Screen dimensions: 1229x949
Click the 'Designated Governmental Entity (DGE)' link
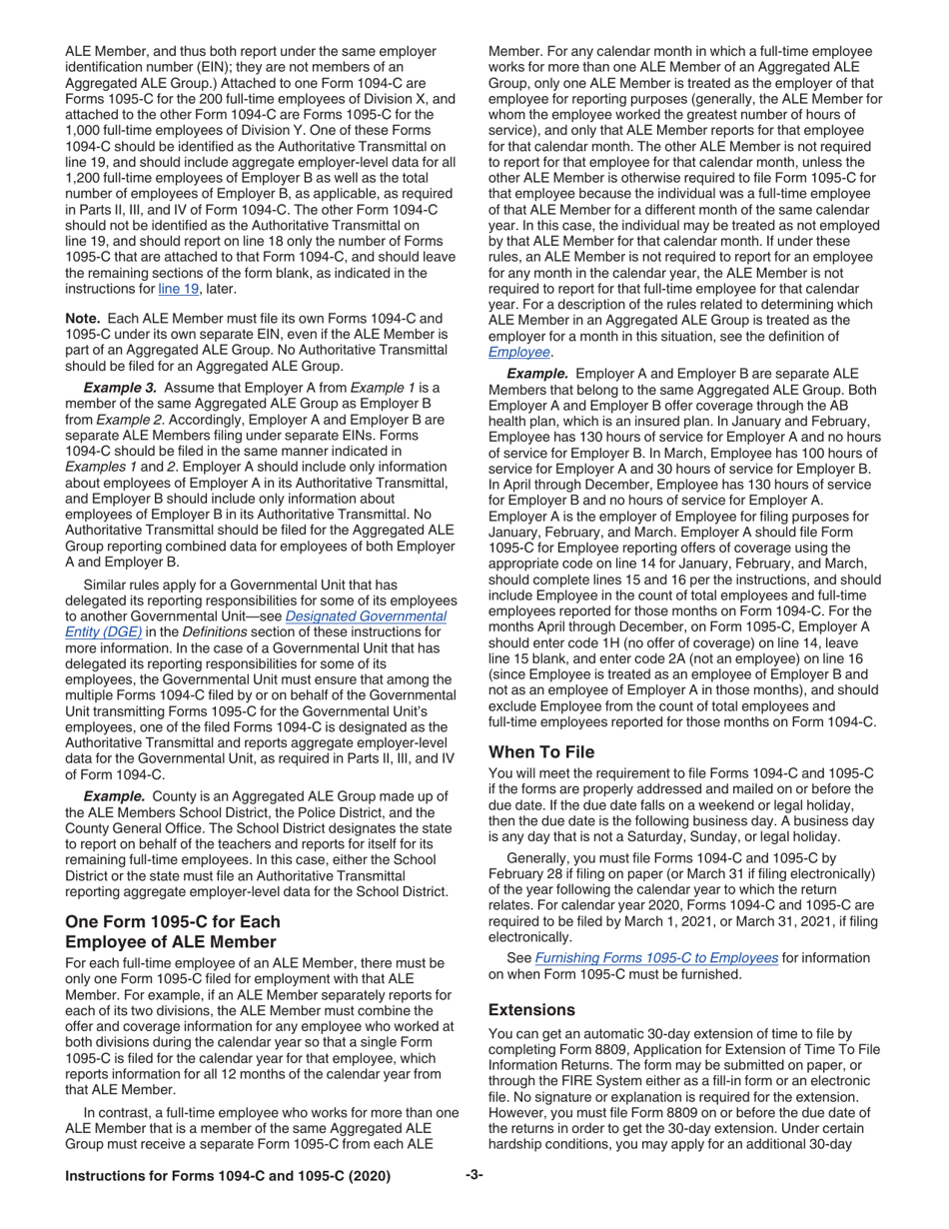click(x=366, y=616)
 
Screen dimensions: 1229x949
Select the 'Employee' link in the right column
click(x=518, y=352)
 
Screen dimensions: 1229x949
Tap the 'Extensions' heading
click(x=531, y=1009)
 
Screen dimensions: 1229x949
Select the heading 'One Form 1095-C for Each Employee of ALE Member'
click(x=172, y=931)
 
